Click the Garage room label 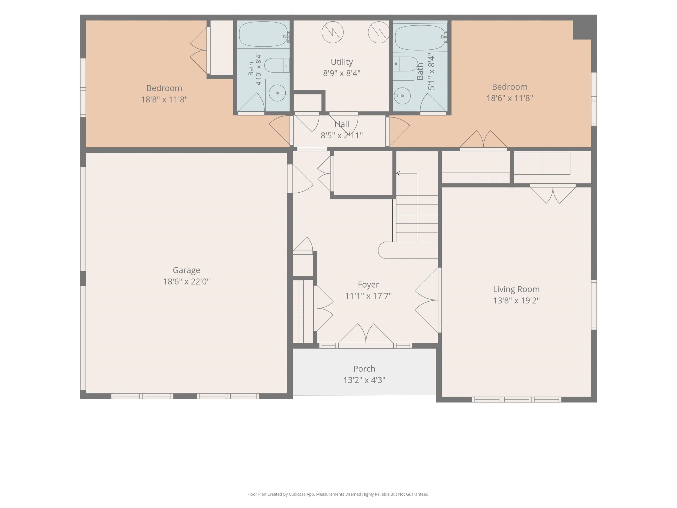(x=186, y=270)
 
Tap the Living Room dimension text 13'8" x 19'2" (x=516, y=300)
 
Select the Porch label (x=364, y=369)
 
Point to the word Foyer (x=368, y=285)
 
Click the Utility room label (x=342, y=62)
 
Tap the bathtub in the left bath (x=263, y=34)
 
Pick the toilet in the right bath (x=405, y=64)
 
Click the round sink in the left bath (x=277, y=93)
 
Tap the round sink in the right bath (x=402, y=96)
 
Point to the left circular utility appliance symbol (x=333, y=32)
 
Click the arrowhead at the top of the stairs (x=398, y=173)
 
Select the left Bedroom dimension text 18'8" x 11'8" (x=164, y=99)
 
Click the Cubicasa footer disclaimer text (x=338, y=494)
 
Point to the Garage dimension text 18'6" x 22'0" (x=186, y=282)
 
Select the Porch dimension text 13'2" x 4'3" (x=364, y=380)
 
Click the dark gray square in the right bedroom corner (x=582, y=30)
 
